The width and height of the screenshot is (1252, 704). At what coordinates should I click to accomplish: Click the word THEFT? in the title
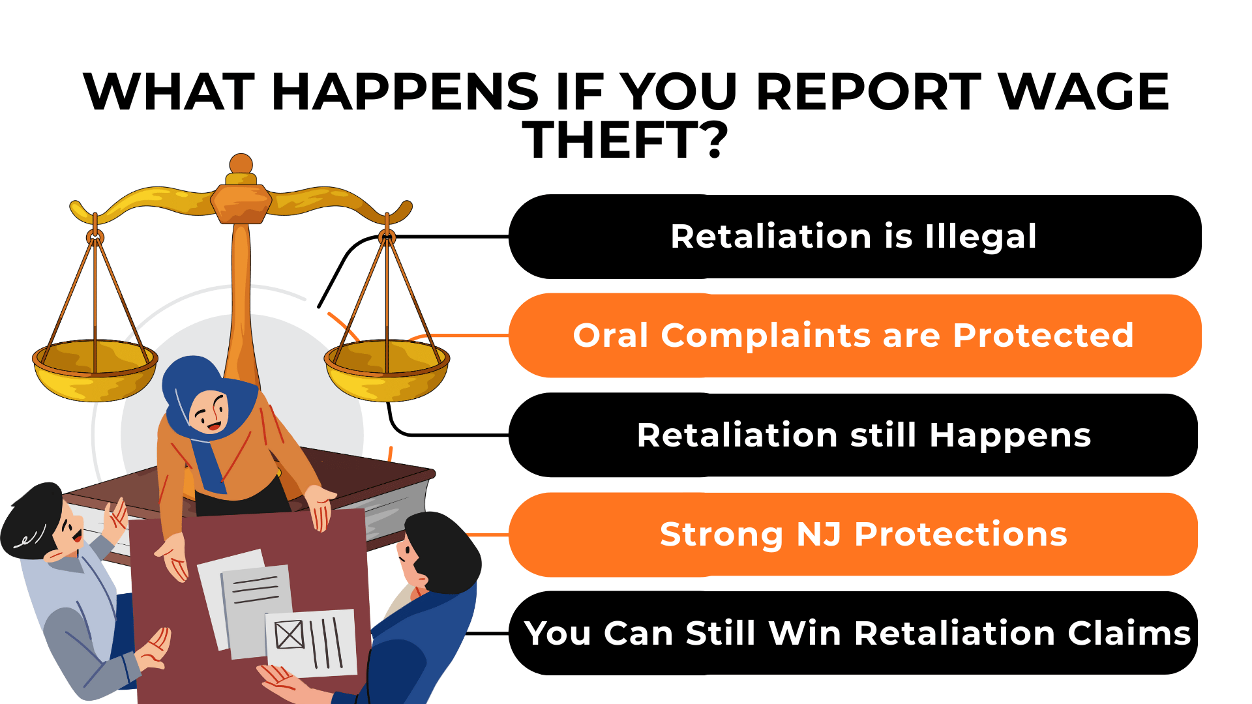pyautogui.click(x=625, y=141)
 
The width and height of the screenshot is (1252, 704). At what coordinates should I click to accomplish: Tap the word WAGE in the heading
pyautogui.click(x=1083, y=92)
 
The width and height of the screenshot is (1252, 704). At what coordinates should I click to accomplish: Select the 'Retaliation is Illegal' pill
pyautogui.click(x=854, y=237)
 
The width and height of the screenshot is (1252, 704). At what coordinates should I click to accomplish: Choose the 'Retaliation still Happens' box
pyautogui.click(x=854, y=435)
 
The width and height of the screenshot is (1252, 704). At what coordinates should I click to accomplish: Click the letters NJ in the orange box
pyautogui.click(x=818, y=535)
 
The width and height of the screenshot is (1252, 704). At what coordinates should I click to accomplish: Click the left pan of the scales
pyautogui.click(x=95, y=372)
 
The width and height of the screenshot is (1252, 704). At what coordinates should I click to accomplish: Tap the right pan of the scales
pyautogui.click(x=387, y=372)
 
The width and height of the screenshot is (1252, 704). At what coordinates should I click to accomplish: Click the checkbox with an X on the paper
pyautogui.click(x=290, y=634)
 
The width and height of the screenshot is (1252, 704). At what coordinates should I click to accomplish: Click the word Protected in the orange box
pyautogui.click(x=1043, y=336)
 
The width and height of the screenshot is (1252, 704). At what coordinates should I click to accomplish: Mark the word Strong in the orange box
pyautogui.click(x=721, y=535)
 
